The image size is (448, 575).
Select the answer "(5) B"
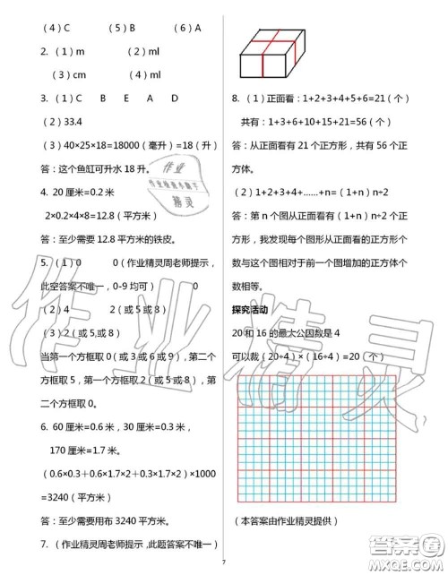coord(121,28)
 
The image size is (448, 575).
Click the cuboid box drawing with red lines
coord(272,53)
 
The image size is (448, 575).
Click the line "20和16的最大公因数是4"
coord(292,333)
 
